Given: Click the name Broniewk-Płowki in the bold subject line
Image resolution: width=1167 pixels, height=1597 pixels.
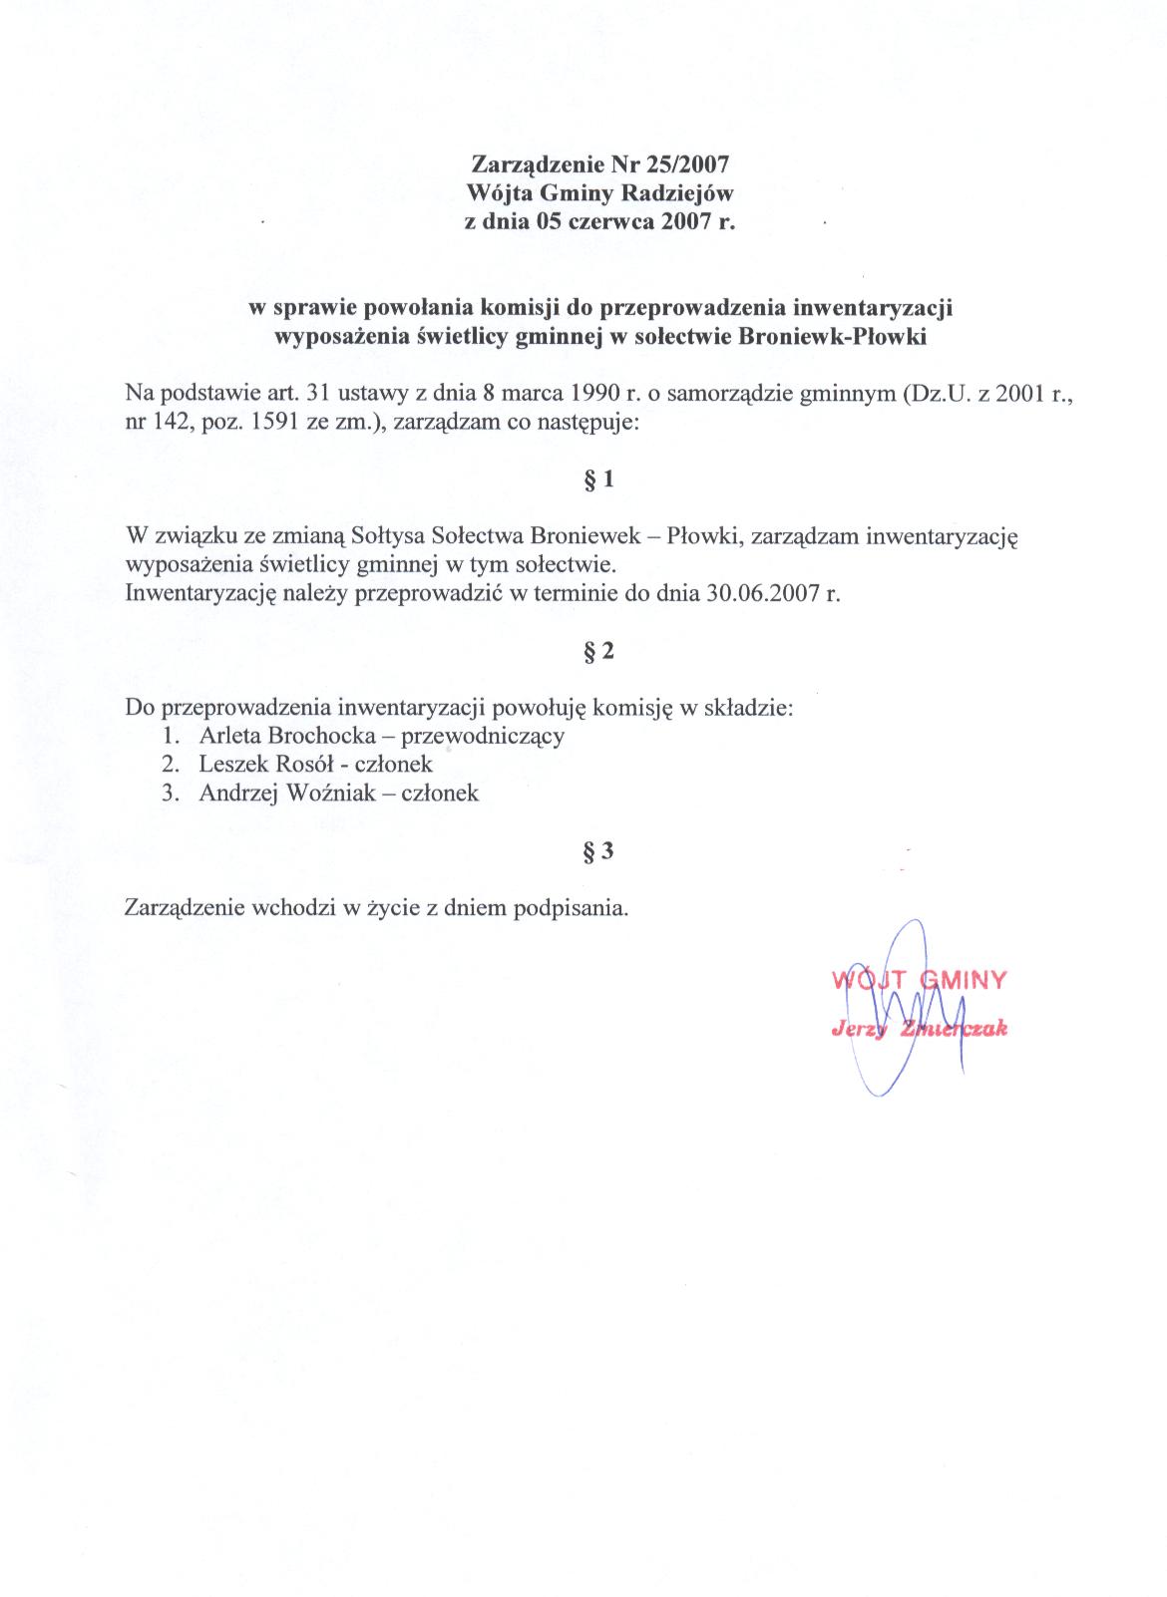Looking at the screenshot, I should (834, 337).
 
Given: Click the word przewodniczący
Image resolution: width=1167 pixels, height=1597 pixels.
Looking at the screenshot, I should (483, 737).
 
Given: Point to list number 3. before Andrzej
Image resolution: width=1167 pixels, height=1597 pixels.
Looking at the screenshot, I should (173, 794).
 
